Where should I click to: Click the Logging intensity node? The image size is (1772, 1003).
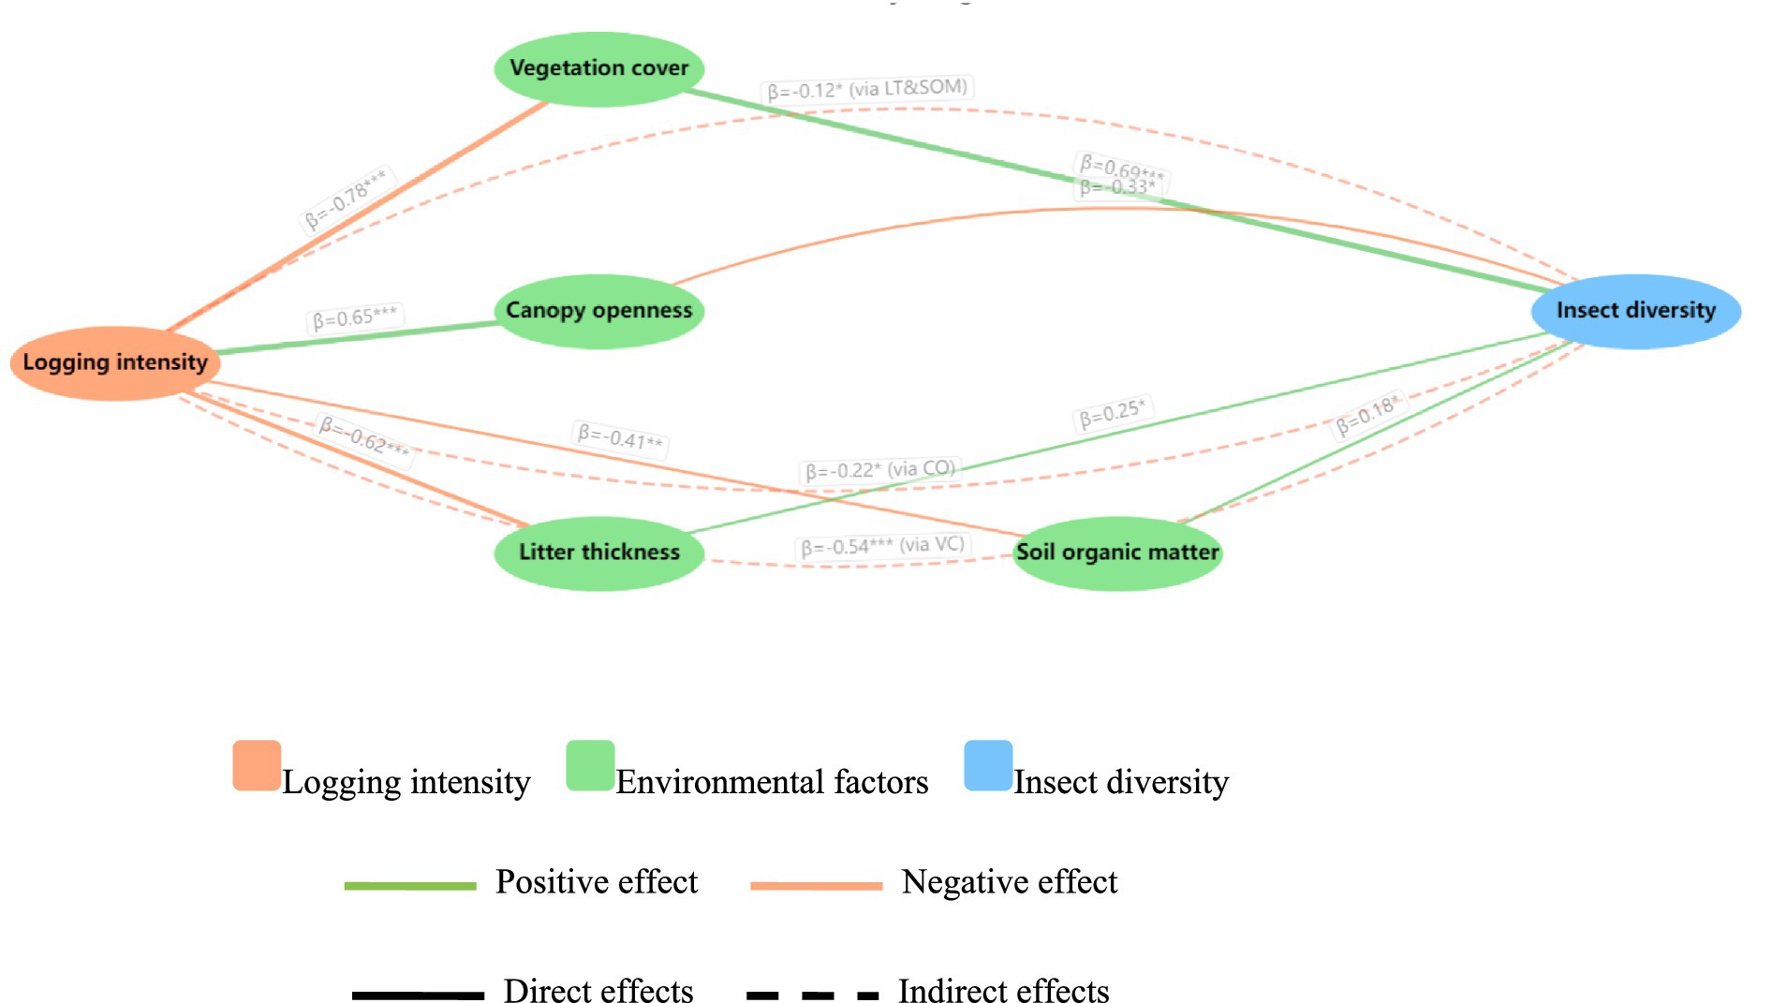coord(115,362)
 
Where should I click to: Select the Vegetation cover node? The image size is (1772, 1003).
coord(598,68)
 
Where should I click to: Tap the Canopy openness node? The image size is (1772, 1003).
coord(598,311)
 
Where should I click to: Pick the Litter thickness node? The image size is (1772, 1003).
coord(598,553)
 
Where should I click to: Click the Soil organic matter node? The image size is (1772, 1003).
coord(1117,553)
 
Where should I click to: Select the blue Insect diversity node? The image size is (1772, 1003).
coord(1635,311)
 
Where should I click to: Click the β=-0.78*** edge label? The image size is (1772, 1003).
coord(346,199)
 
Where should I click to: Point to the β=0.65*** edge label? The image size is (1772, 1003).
coord(354,317)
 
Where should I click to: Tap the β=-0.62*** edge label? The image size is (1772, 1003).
coord(364,437)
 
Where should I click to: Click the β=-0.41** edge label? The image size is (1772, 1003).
coord(620,437)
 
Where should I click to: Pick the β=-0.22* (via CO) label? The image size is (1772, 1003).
coord(879,469)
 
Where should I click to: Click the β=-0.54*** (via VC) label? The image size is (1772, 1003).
coord(881,546)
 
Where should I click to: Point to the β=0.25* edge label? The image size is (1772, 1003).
coord(1112,413)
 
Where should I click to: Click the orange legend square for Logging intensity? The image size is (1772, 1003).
coord(257,765)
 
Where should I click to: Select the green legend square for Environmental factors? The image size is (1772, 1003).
coord(590,765)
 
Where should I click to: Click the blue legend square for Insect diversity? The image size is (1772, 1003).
coord(988,765)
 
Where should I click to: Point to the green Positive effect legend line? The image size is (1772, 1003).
coord(410,885)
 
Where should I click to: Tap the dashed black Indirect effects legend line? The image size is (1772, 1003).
coord(813,995)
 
